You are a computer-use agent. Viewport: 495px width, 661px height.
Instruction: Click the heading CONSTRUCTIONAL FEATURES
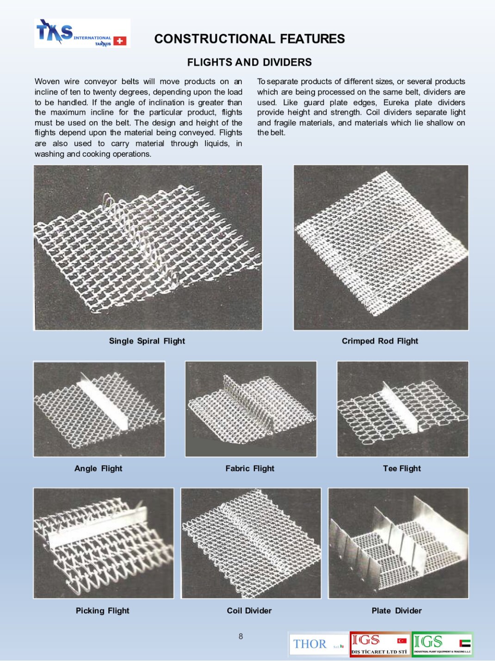pos(249,39)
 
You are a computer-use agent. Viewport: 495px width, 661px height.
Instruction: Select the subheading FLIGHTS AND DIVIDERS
pos(249,62)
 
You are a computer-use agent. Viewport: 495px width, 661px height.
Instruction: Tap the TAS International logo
pos(82,33)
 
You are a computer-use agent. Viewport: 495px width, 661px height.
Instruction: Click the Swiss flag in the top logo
pos(120,41)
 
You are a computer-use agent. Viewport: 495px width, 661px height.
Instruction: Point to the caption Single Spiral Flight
pos(147,341)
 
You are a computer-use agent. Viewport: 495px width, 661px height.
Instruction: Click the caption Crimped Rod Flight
pos(380,341)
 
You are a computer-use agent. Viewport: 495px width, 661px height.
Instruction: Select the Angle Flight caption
pos(98,469)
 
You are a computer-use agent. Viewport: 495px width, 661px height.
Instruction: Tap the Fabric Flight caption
pos(250,469)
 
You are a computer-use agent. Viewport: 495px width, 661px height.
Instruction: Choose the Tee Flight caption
pos(402,469)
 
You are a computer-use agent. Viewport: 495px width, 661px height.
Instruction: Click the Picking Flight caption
pos(102,611)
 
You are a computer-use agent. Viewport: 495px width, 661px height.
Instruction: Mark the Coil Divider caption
pos(249,611)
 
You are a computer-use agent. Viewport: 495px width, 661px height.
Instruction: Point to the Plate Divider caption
pos(396,611)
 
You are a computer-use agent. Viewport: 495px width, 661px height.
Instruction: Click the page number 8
pos(241,636)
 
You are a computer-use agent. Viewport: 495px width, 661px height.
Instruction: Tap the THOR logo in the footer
pos(318,644)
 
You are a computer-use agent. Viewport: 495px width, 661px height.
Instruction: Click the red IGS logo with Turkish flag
pos(380,644)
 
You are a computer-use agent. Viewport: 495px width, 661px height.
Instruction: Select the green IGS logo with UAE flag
pos(442,644)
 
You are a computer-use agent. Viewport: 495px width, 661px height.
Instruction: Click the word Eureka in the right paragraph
pos(396,102)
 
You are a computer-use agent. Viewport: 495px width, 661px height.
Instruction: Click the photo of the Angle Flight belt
pos(99,409)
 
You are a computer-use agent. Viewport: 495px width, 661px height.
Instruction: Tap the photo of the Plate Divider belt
pos(398,543)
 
